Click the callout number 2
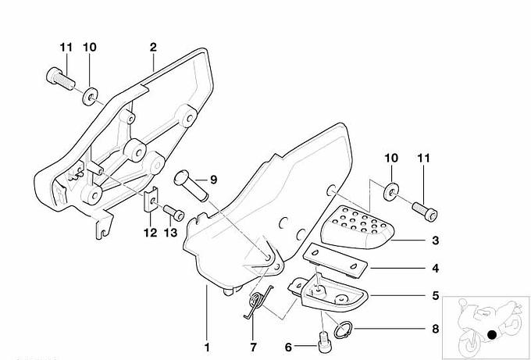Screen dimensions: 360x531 tap(153, 47)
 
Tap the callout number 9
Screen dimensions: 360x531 tap(214, 180)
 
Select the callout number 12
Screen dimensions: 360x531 tap(150, 232)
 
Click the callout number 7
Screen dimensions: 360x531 tap(252, 346)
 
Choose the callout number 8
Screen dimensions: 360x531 tap(435, 330)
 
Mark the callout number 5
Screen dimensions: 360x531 tap(435, 296)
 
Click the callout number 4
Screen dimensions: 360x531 tap(435, 269)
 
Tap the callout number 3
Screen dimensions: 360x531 tap(435, 242)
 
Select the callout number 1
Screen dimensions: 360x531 tap(207, 346)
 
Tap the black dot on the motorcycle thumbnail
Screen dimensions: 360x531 tap(492, 336)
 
